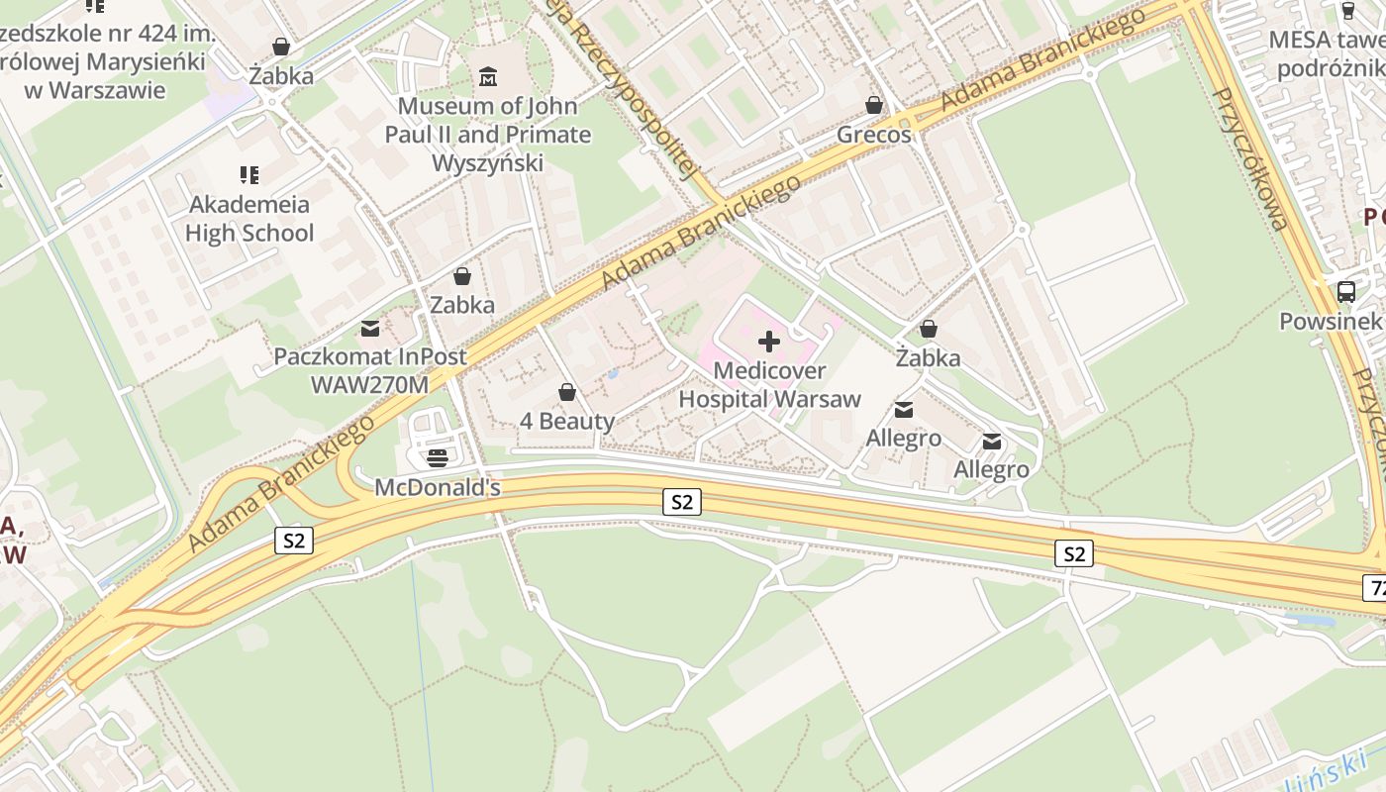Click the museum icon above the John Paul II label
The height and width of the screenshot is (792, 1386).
(488, 76)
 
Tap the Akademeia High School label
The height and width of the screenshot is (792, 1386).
(249, 219)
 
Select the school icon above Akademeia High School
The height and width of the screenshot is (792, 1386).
(249, 175)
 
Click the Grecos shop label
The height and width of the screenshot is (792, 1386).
(874, 135)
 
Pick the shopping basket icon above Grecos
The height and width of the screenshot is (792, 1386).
(874, 104)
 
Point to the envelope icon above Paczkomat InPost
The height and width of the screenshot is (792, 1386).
(369, 328)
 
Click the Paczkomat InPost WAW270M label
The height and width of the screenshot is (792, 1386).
(369, 370)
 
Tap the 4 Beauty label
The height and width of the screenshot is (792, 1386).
(567, 421)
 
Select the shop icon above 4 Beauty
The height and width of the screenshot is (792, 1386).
(567, 393)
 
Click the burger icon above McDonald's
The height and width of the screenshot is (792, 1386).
(438, 457)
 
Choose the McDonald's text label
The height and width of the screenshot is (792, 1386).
(438, 488)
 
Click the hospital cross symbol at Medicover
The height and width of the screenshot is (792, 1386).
(769, 343)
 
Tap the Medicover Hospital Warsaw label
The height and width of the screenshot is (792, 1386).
(769, 385)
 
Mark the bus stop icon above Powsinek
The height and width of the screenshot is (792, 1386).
(1345, 291)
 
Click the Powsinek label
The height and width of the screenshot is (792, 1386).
(1330, 322)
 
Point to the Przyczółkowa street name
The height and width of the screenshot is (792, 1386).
(1250, 158)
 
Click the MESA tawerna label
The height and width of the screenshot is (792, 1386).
(1327, 53)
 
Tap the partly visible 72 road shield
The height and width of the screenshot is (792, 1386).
(1374, 587)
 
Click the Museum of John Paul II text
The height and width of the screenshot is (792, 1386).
(487, 134)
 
